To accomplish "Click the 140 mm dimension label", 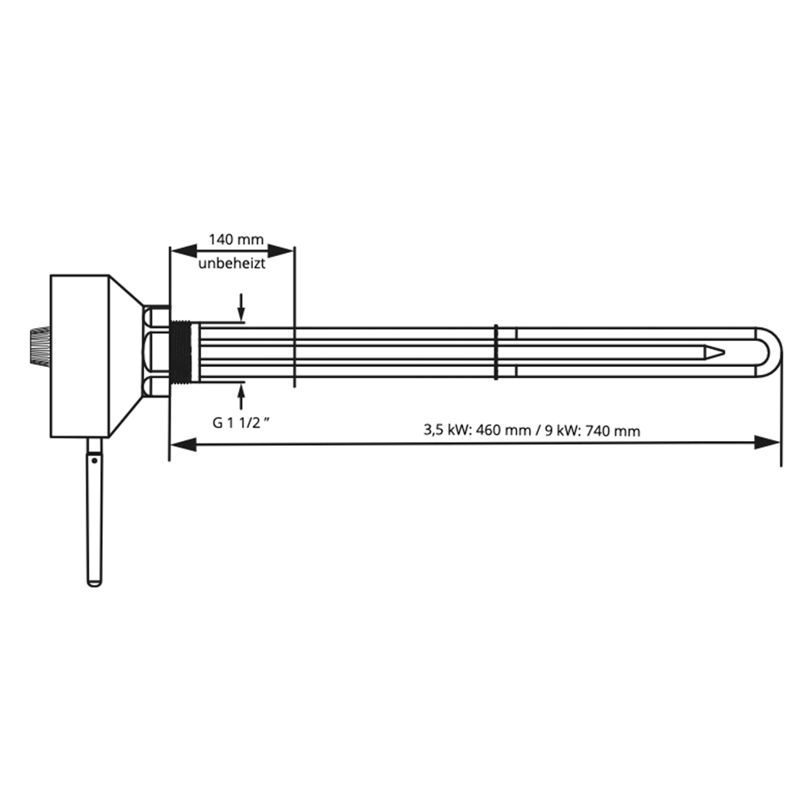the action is click(236, 240).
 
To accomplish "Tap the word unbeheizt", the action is click(232, 263).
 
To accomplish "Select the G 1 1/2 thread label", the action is click(241, 423).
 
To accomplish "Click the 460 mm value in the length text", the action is click(503, 430).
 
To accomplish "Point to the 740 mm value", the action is click(612, 431).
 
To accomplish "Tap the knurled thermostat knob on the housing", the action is click(40, 347).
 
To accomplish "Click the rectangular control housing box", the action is click(80, 356).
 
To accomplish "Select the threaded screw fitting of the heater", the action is click(180, 352).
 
